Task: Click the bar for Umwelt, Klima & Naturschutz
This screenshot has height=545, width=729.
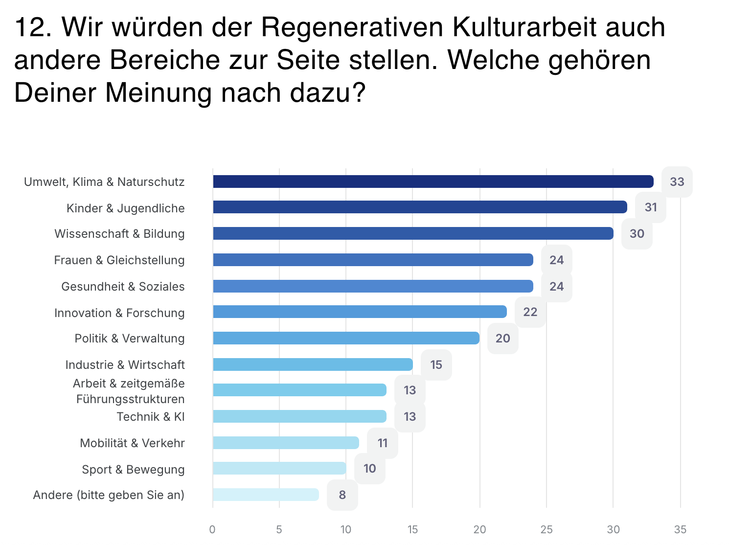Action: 433,182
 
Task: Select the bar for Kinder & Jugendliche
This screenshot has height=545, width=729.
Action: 420,207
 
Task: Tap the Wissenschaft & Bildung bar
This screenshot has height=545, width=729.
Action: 413,233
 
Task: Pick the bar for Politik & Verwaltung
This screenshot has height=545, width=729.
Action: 346,338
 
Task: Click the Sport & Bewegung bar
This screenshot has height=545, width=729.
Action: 279,469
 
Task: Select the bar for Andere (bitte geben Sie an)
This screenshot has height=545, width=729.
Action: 266,495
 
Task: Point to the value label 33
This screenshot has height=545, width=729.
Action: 677,182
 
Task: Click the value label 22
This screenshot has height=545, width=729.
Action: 530,312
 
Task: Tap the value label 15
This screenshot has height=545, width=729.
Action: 436,364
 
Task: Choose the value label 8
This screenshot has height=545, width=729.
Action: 342,495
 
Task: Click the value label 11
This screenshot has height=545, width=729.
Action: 383,443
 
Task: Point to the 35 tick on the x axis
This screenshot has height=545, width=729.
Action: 680,529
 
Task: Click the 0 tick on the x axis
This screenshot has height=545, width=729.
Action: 212,529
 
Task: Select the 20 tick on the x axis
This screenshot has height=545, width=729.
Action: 479,529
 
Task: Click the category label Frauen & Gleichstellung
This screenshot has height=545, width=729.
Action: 119,260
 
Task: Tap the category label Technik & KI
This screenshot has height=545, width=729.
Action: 151,416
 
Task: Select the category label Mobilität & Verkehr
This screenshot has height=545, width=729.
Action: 132,443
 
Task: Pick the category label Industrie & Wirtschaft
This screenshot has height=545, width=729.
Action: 125,364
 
